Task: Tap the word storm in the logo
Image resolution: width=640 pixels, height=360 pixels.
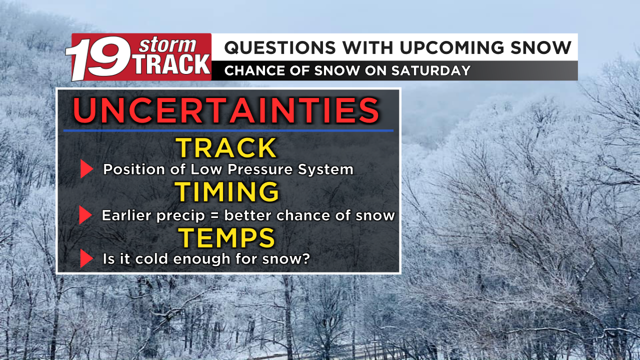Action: [x=167, y=45]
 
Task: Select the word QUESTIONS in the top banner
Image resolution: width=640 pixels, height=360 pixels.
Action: [x=280, y=47]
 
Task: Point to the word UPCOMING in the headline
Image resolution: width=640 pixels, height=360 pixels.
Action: [x=452, y=47]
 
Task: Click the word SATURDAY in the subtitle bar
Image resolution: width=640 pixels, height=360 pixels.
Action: [x=431, y=70]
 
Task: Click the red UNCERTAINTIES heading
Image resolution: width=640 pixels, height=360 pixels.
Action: [x=226, y=110]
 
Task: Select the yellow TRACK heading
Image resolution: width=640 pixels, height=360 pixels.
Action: [x=226, y=147]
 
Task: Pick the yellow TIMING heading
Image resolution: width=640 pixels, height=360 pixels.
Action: [x=227, y=191]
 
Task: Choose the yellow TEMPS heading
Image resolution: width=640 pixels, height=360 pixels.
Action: [x=226, y=237]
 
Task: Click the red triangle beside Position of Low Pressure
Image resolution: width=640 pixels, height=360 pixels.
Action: [x=86, y=169]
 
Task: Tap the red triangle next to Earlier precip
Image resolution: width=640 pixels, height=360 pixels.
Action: [x=85, y=215]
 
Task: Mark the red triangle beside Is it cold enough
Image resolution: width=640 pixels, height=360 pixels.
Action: [x=86, y=258]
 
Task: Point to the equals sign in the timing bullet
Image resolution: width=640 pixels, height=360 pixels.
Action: [x=214, y=215]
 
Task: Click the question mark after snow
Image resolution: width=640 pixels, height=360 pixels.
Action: [x=305, y=258]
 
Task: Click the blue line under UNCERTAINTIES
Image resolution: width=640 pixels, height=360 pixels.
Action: [x=228, y=130]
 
